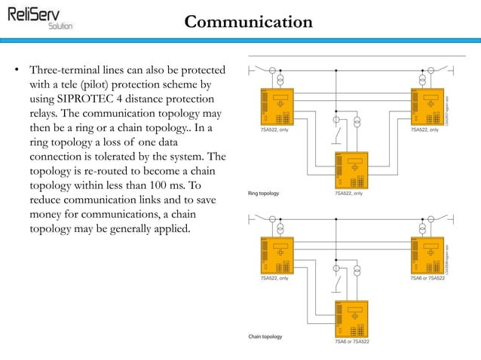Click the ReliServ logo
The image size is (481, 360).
(x=41, y=16)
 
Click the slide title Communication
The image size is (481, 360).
(x=248, y=22)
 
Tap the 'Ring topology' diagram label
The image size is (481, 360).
(x=264, y=194)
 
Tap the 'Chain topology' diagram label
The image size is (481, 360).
(x=265, y=336)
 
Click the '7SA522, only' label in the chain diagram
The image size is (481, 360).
(x=274, y=279)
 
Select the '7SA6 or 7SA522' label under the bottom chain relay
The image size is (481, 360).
(x=352, y=343)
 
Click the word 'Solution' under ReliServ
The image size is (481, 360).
(x=60, y=25)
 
